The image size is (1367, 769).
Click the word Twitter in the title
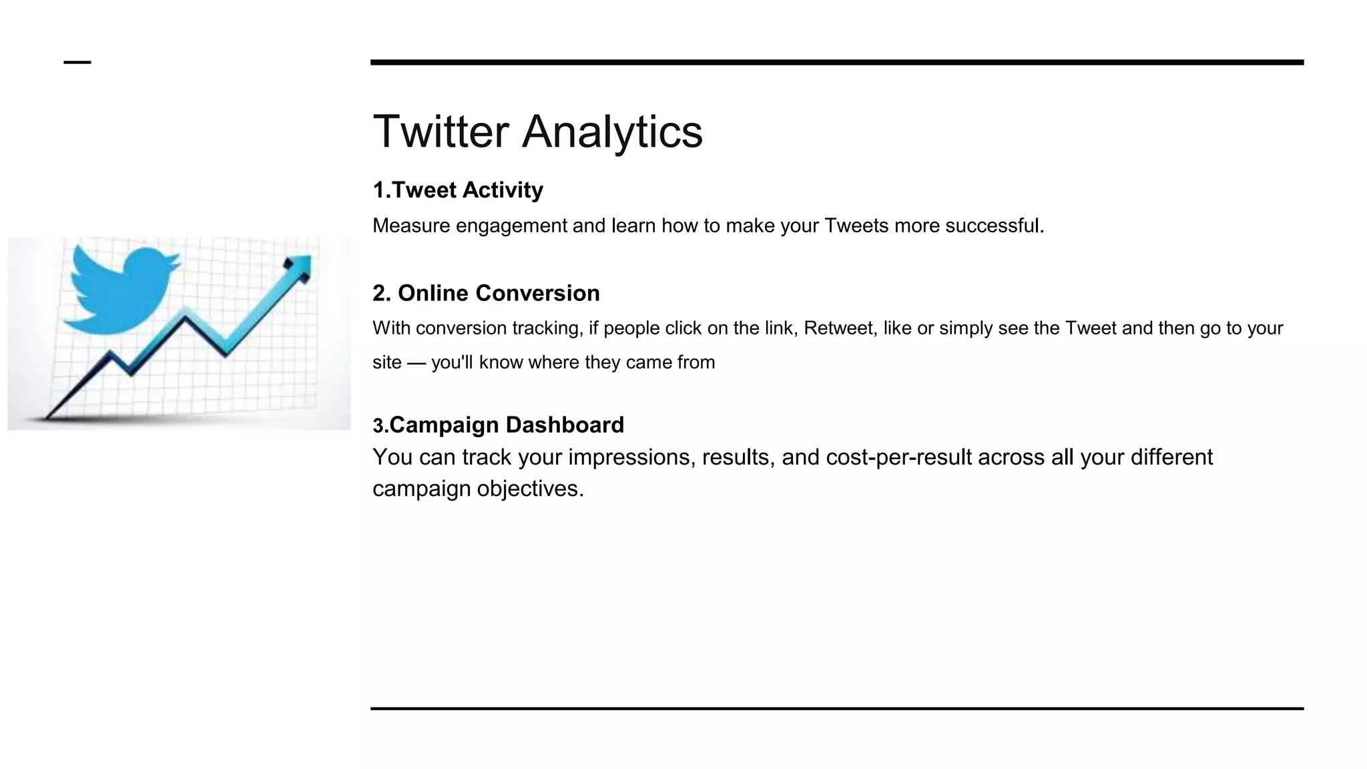[x=441, y=132]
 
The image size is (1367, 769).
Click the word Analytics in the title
[x=612, y=132]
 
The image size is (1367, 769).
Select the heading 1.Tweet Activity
[x=458, y=190]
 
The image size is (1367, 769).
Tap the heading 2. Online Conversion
[x=486, y=293]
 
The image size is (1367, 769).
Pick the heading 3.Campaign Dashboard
[x=498, y=425]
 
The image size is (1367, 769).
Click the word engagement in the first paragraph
[x=511, y=226]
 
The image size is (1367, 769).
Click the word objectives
[x=531, y=489]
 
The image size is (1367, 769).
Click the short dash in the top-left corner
[x=77, y=62]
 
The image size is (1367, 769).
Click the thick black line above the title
[x=836, y=62]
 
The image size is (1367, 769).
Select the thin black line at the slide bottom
[x=836, y=708]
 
